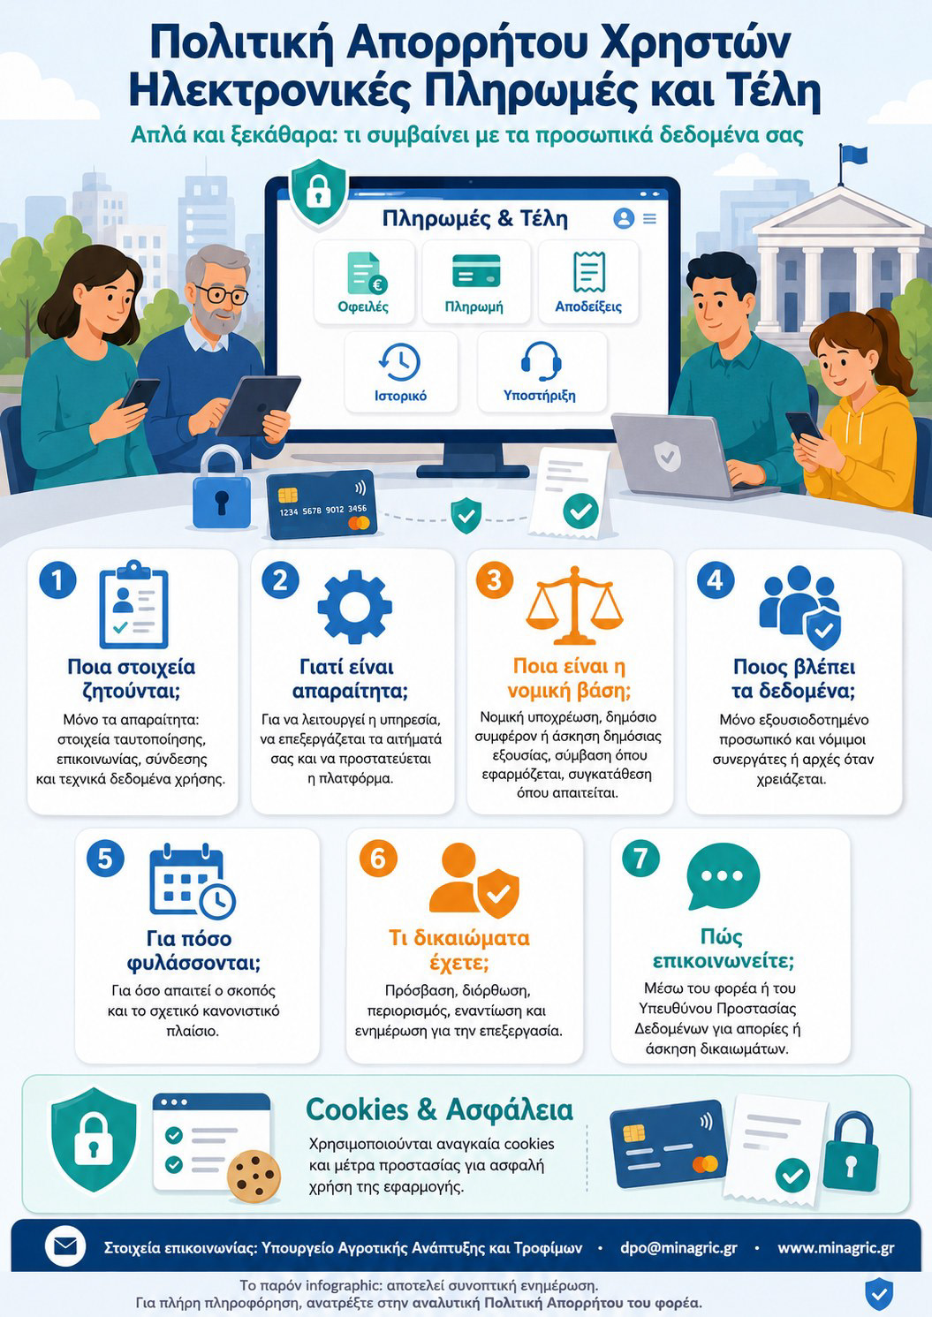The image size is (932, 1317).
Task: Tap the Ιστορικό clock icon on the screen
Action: coord(400,361)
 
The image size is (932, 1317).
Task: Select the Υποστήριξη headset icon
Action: coord(541,361)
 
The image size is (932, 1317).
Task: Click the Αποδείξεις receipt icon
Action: coord(589,272)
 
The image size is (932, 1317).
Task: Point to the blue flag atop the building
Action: coord(853,154)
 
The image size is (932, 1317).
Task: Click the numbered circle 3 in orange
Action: coord(495,580)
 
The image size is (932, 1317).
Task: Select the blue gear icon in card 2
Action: coord(354,606)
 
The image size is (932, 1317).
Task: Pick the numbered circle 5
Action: coord(105,859)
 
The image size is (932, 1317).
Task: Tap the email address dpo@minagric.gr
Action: coord(678,1247)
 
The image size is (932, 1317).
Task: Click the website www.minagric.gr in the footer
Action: coord(836,1247)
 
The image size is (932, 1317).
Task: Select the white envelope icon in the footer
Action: coord(65,1246)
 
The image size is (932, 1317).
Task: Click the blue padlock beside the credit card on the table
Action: coord(222,488)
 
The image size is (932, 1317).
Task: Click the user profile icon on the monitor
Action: coord(624,218)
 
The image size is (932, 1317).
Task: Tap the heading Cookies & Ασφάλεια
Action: coord(439,1109)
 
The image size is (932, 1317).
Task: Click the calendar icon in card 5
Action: coord(193,881)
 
